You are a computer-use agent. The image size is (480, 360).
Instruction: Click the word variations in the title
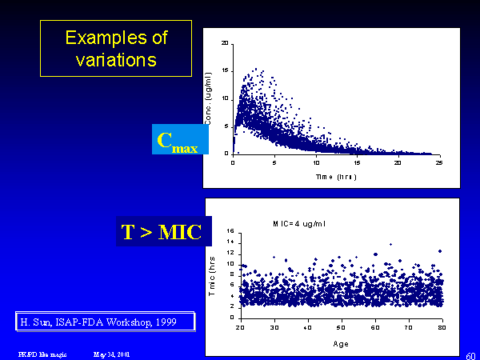(116, 58)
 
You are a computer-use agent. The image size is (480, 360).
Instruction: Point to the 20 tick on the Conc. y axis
(225, 42)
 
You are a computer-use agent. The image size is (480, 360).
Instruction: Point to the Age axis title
(340, 344)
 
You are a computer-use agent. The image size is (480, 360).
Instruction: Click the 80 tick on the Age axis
(442, 327)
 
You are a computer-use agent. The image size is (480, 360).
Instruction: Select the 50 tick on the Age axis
(341, 327)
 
